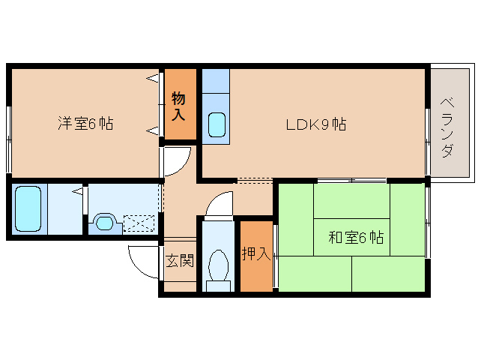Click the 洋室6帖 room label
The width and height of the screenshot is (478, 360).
click(85, 124)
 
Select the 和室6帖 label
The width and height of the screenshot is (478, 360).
click(356, 238)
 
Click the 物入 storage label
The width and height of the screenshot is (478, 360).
click(179, 106)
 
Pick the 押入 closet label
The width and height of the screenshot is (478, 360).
click(255, 254)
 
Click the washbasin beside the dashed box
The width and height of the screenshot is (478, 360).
click(103, 222)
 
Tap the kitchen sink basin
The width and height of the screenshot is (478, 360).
click(216, 124)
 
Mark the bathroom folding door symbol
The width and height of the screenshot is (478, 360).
click(79, 193)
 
